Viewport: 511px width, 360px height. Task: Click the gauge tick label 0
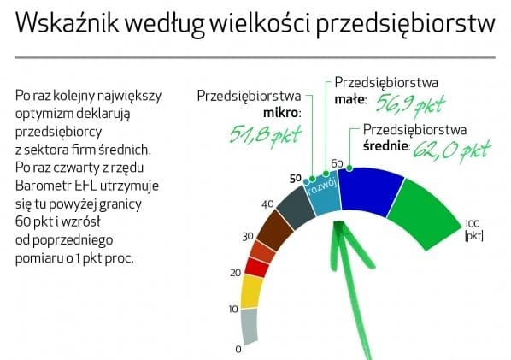click(x=238, y=350)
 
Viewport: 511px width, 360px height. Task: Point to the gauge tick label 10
click(x=233, y=309)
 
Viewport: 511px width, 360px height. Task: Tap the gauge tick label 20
click(x=236, y=273)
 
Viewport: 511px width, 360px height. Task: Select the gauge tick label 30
click(x=248, y=236)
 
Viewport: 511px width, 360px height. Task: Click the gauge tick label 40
click(x=267, y=204)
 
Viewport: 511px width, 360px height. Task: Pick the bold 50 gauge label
click(x=296, y=179)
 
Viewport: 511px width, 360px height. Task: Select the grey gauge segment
click(x=250, y=326)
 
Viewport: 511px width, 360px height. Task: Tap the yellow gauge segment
click(x=252, y=292)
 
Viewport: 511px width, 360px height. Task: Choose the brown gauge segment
click(x=275, y=230)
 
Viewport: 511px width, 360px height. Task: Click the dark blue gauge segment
click(x=370, y=192)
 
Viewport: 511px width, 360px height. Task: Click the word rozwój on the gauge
click(x=321, y=187)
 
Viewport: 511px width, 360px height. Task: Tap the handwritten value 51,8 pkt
click(x=265, y=135)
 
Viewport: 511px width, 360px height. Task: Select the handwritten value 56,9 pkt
click(x=410, y=104)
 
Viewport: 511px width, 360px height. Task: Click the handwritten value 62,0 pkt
click(x=452, y=150)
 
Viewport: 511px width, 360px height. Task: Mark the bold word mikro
click(x=282, y=113)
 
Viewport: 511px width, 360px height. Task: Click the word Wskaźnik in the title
click(x=68, y=23)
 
